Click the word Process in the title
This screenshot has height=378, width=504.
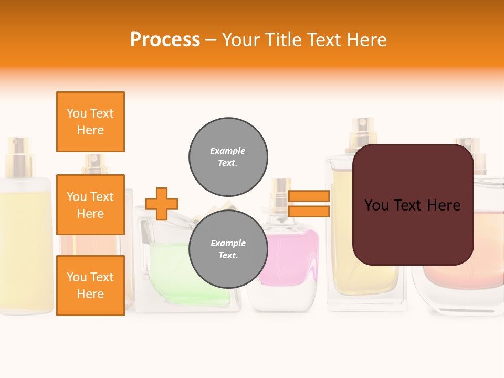pyautogui.click(x=165, y=40)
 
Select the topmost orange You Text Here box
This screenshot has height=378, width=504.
pyautogui.click(x=90, y=122)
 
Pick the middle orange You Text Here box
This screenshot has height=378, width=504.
pyautogui.click(x=90, y=205)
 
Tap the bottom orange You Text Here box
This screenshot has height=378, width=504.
pyautogui.click(x=90, y=286)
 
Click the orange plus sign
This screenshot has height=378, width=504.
pyautogui.click(x=162, y=204)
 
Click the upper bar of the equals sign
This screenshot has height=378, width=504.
pyautogui.click(x=309, y=196)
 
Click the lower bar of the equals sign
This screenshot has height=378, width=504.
pyautogui.click(x=309, y=212)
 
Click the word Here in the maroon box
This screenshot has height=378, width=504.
pyautogui.click(x=444, y=205)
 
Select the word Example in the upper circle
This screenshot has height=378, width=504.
pyautogui.click(x=228, y=151)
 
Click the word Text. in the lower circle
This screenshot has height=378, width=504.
pyautogui.click(x=228, y=256)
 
